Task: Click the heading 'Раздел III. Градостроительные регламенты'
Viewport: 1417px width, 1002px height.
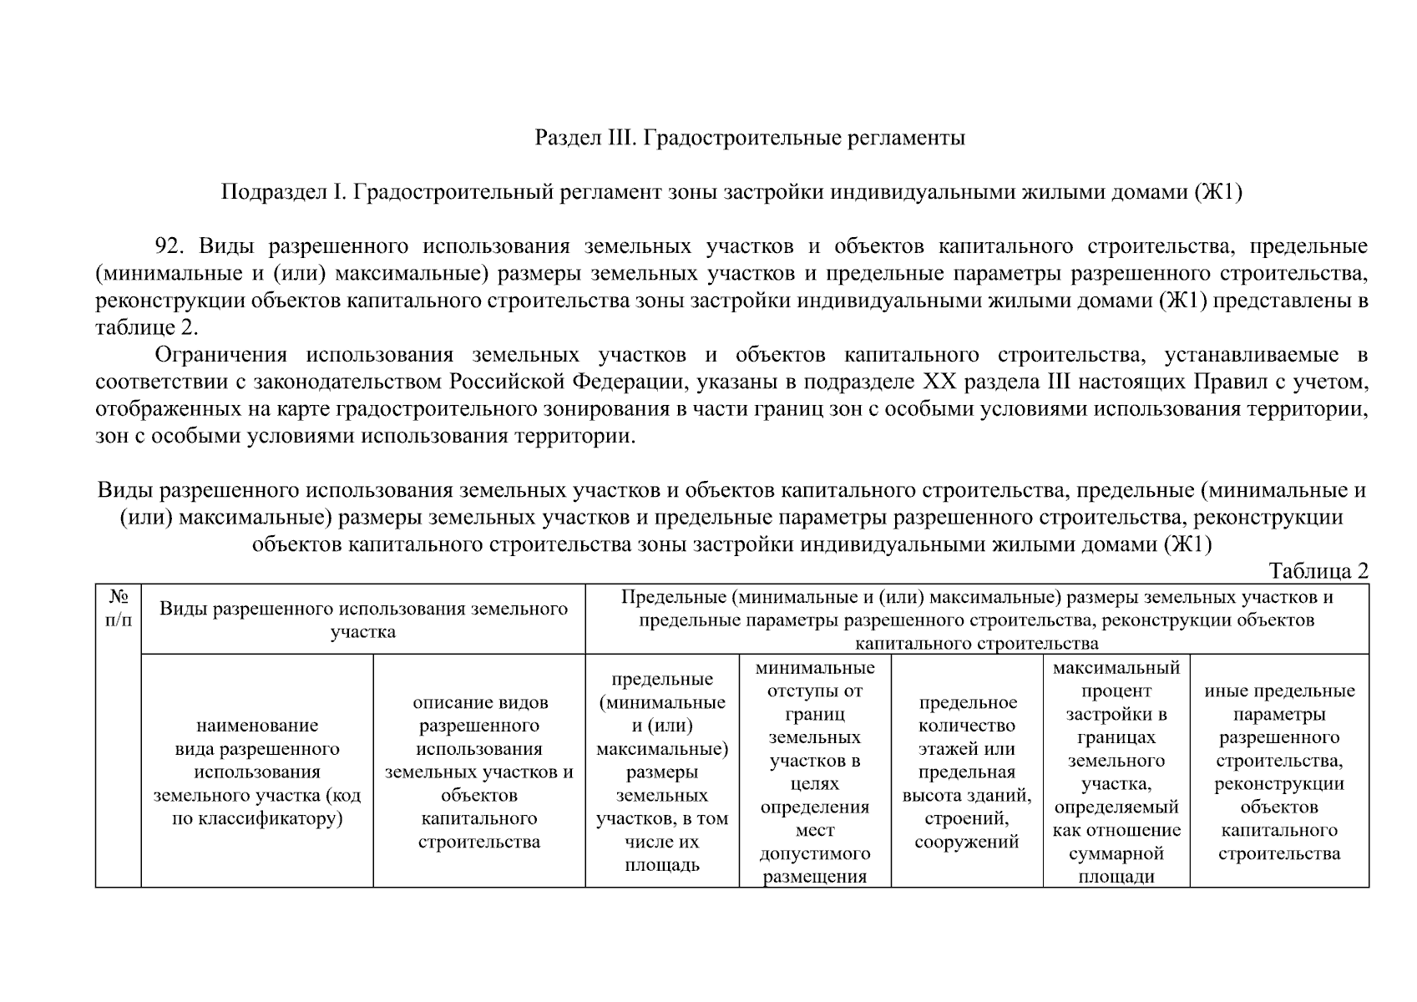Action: click(749, 138)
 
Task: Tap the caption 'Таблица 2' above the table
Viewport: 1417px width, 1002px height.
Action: click(1318, 571)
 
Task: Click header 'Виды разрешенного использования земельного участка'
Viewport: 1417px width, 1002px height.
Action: click(363, 620)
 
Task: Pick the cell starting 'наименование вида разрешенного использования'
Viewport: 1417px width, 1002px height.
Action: click(257, 772)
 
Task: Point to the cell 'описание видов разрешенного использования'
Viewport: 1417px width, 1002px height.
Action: click(479, 772)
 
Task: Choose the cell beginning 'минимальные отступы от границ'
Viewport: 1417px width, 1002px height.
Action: click(815, 772)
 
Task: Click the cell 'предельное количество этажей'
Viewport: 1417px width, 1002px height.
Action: click(967, 772)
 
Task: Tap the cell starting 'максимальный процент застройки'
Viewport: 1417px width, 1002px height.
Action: click(1116, 772)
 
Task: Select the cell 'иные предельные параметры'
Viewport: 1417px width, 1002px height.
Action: click(1279, 772)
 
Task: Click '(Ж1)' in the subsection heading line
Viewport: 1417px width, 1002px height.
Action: click(1218, 193)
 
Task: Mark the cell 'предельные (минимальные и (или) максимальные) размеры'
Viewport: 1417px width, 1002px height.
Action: click(662, 772)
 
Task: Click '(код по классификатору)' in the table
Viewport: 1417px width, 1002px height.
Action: click(266, 807)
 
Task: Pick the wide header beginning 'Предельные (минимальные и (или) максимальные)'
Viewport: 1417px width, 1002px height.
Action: click(977, 620)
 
